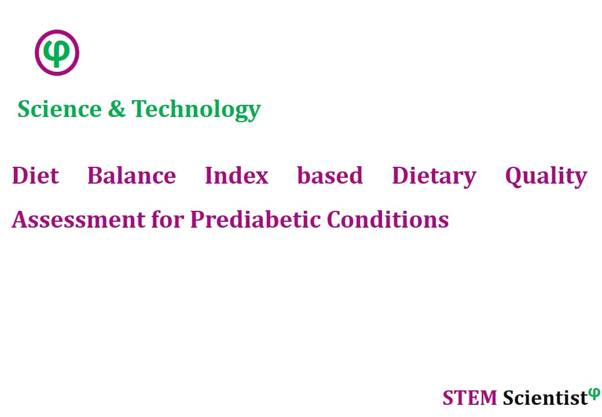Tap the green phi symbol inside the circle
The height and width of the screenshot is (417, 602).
(x=57, y=53)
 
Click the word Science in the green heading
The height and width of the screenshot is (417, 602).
(x=60, y=109)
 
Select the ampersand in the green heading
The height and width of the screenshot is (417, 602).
(x=116, y=109)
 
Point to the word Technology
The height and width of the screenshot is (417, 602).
(x=196, y=110)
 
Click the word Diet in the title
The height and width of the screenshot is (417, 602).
(x=35, y=176)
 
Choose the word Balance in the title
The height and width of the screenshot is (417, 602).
(x=132, y=176)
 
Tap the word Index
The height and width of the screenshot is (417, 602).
(x=237, y=176)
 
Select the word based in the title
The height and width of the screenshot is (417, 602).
(x=330, y=176)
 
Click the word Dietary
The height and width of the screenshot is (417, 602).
(x=434, y=177)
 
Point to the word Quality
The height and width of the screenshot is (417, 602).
(x=546, y=177)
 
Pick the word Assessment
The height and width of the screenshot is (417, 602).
(x=79, y=220)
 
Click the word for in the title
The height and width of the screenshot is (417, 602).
(x=168, y=220)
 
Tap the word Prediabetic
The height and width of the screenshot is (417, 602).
(x=255, y=220)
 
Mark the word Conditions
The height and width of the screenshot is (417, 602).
(x=388, y=220)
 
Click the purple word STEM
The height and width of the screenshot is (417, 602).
(x=469, y=398)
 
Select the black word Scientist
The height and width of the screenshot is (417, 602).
(x=545, y=398)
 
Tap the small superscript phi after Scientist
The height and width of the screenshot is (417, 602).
(x=594, y=393)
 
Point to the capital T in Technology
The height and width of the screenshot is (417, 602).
(x=139, y=109)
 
